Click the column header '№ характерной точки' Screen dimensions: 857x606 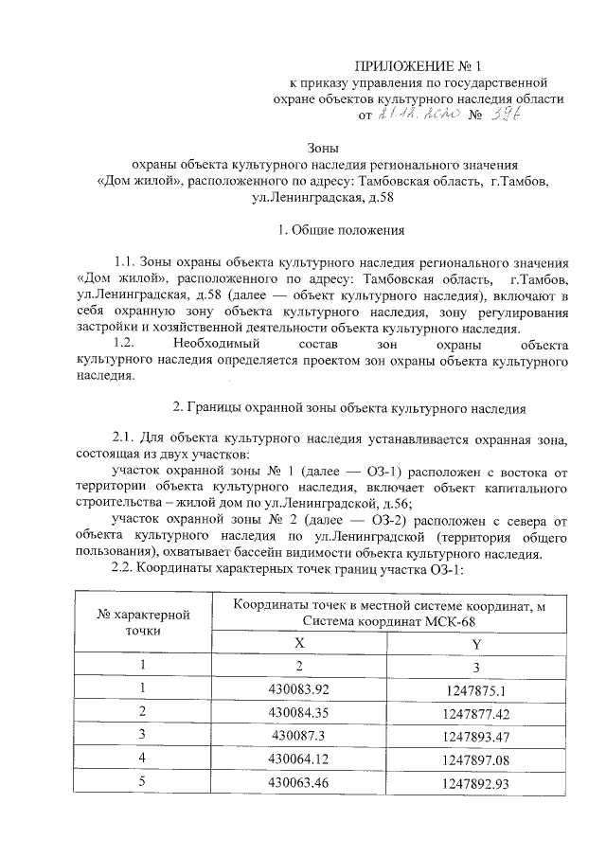tap(147, 621)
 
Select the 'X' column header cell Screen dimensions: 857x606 tap(299, 642)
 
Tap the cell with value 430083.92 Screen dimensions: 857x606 tap(299, 688)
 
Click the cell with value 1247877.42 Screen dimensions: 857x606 tap(476, 711)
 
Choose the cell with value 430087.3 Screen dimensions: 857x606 tap(299, 735)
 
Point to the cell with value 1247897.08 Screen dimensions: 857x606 tap(476, 759)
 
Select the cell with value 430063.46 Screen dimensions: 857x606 tap(299, 782)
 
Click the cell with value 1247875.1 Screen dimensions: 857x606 tap(476, 688)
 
